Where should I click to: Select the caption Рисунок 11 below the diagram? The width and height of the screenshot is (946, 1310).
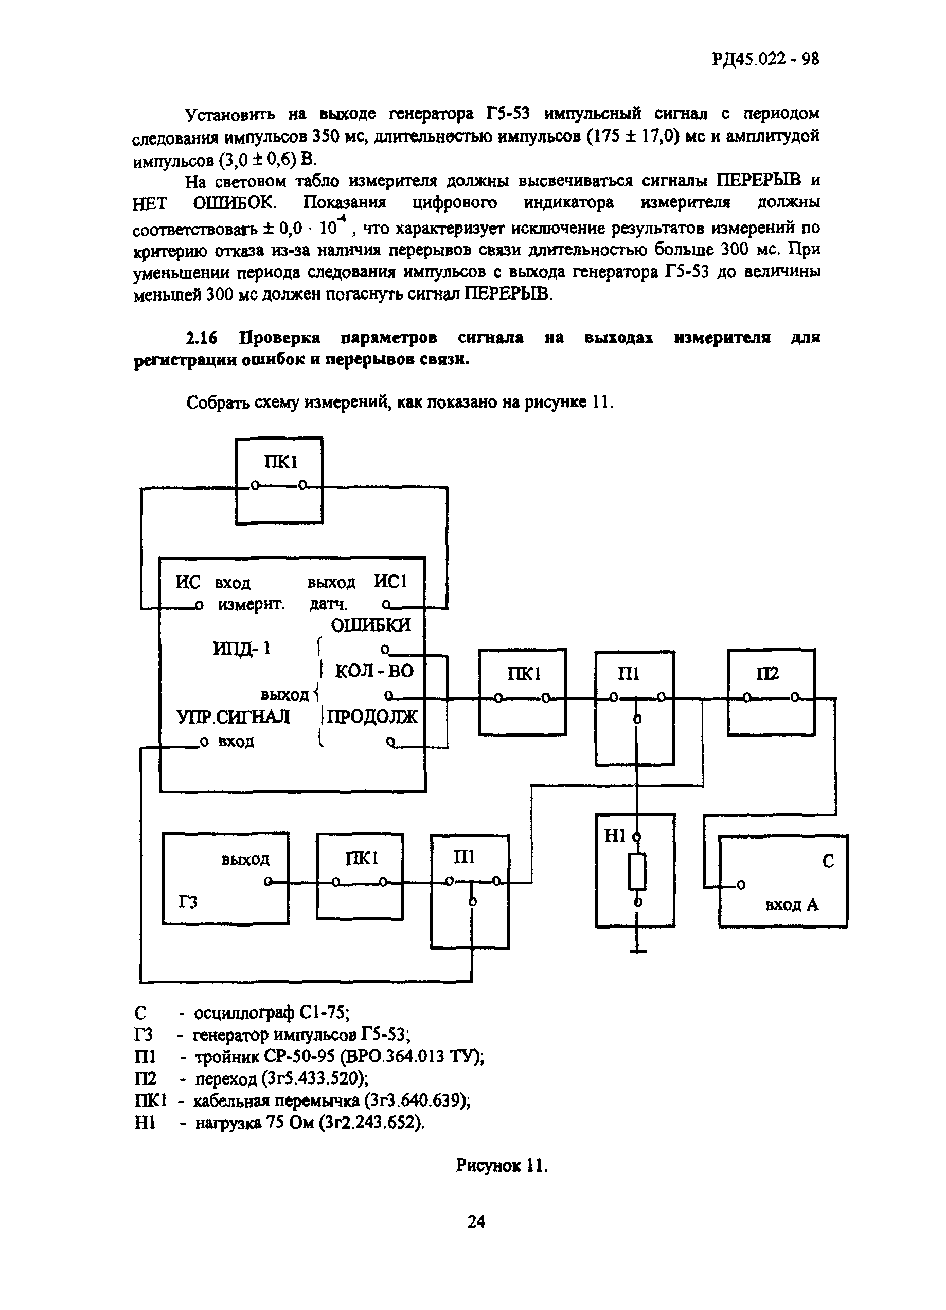tap(501, 1165)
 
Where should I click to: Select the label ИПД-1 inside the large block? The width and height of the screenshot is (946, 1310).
tap(242, 649)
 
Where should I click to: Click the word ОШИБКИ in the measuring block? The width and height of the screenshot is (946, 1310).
tap(370, 625)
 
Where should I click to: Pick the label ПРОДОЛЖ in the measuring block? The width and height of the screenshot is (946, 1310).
tap(372, 717)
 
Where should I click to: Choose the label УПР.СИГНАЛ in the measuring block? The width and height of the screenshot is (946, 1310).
tap(233, 717)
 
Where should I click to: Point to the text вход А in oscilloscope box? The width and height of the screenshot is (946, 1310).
tap(791, 904)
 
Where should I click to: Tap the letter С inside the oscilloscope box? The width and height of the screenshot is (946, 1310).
tap(828, 862)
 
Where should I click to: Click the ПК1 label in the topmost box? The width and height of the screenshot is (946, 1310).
tap(280, 462)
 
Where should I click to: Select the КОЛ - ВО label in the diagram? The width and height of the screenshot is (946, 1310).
tap(374, 671)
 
